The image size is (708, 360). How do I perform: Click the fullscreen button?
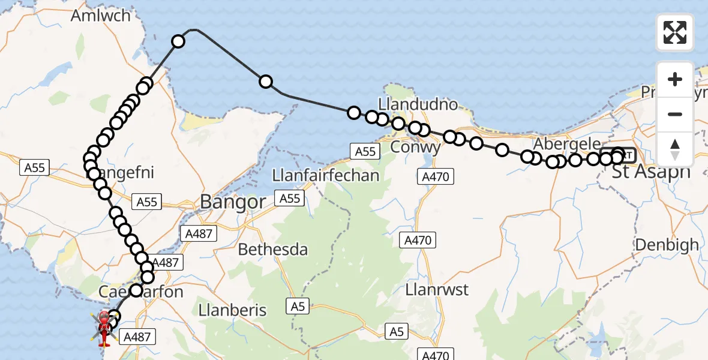(675, 32)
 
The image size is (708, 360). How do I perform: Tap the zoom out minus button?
(675, 114)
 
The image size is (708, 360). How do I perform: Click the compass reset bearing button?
(675, 149)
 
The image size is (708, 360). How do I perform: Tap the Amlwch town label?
(100, 16)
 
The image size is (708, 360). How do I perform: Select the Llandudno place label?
(427, 104)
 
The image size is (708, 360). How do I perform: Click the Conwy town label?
(416, 146)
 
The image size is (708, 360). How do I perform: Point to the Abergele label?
(566, 145)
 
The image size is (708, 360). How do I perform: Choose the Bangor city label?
(232, 202)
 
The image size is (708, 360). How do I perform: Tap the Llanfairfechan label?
(325, 175)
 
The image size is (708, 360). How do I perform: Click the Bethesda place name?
(273, 249)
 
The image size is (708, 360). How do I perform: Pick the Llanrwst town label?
(437, 289)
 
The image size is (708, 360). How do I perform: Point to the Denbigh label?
(667, 245)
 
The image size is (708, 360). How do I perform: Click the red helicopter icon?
(104, 328)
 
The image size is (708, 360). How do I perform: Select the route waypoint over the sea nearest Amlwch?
(178, 41)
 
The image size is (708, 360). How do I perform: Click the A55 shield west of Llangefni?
(35, 168)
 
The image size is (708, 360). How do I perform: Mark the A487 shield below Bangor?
(199, 233)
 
